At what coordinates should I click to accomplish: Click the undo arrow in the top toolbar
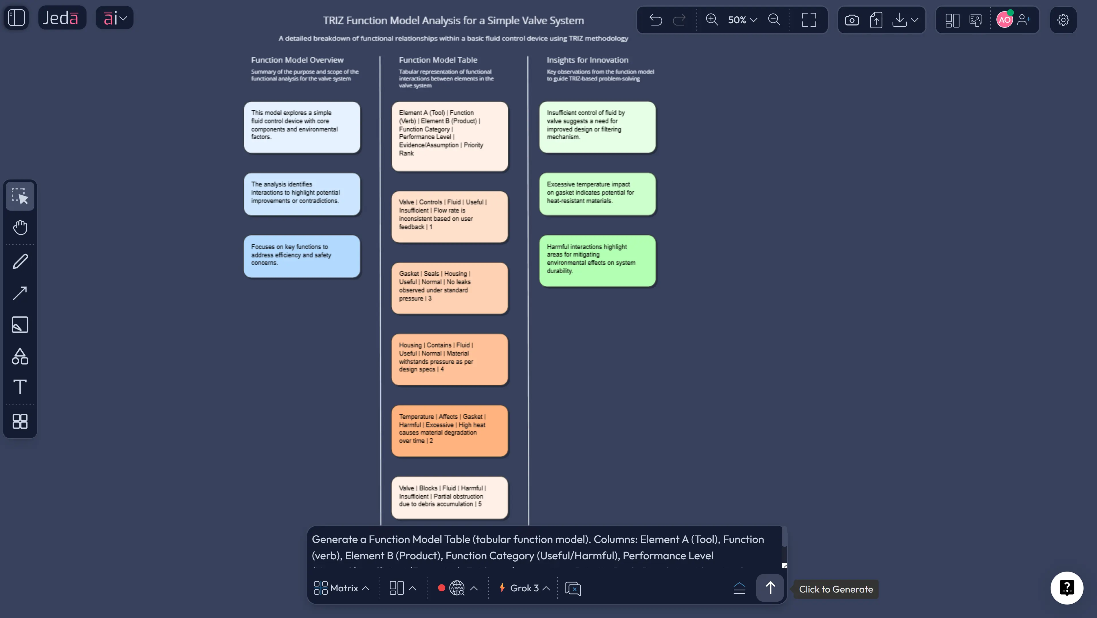pos(656,19)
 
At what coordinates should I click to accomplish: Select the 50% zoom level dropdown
pos(742,19)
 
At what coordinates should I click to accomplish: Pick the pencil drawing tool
pos(20,261)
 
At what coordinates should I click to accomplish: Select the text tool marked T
pos(20,387)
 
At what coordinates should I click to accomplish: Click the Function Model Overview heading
pos(297,60)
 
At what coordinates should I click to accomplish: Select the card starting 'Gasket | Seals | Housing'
pos(449,288)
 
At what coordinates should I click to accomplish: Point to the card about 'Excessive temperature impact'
pos(597,194)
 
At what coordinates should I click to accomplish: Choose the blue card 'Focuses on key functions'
pos(301,256)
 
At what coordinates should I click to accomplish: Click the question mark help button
pos(1066,588)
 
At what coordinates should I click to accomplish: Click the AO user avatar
pos(1004,19)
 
